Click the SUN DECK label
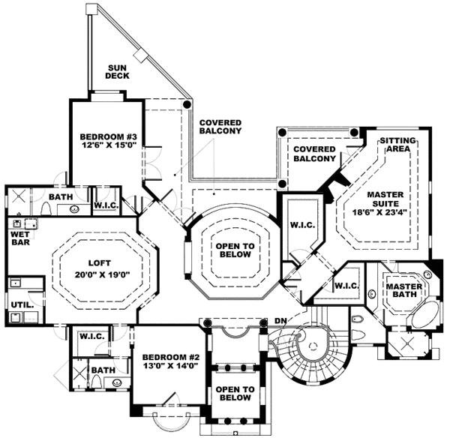[x=117, y=70]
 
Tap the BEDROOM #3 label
[x=109, y=137]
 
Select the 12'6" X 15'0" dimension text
[x=109, y=148]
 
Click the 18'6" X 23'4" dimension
[x=385, y=213]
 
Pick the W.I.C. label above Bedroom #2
[x=93, y=337]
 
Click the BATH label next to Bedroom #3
[x=60, y=198]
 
